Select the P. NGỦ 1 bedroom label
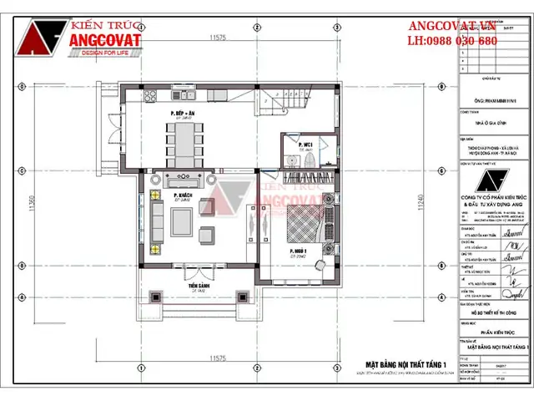click(297, 251)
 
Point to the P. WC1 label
click(305, 145)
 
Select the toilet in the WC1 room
click(288, 155)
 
